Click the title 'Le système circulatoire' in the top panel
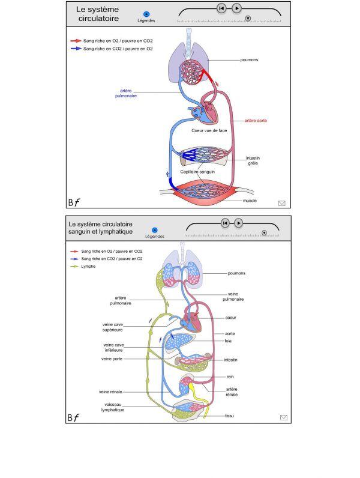[97, 14]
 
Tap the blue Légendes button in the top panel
[146, 14]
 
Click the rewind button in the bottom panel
[224, 223]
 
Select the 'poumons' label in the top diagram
[249, 60]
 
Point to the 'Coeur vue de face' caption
[209, 129]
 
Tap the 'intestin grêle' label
[253, 162]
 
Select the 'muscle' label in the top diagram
[250, 201]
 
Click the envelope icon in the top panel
[281, 203]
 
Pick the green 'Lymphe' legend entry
[88, 266]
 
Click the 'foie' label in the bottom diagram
[228, 341]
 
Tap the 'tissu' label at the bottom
[229, 416]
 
